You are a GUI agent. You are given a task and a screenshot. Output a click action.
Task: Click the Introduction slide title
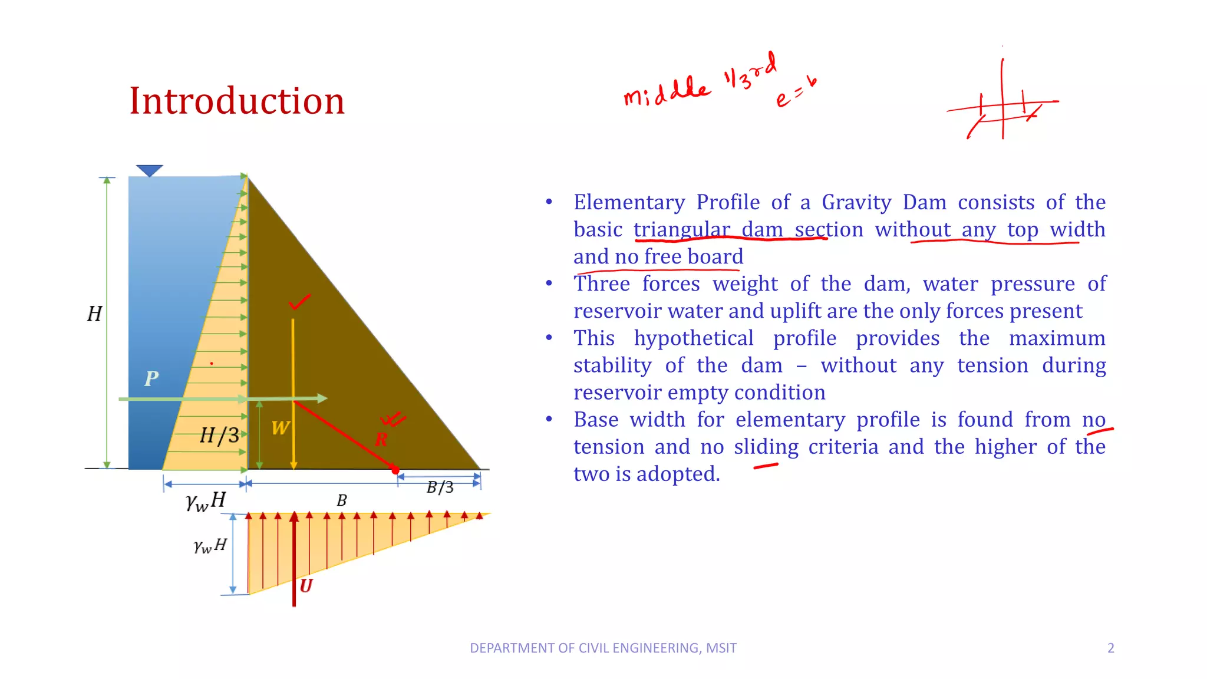(x=237, y=101)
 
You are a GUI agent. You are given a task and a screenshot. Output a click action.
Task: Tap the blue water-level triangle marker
(x=149, y=170)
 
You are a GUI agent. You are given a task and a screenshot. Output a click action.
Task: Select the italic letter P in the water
(x=151, y=378)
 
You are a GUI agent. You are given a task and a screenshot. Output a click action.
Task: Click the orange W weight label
(x=281, y=428)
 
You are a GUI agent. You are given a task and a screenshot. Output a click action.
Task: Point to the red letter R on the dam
(x=381, y=440)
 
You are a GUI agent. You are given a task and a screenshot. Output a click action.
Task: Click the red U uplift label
(x=306, y=586)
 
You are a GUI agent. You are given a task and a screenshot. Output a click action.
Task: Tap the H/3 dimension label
(x=219, y=436)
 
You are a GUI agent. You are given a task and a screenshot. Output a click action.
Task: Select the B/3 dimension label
(x=440, y=487)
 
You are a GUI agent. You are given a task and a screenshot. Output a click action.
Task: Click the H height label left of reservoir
(x=94, y=314)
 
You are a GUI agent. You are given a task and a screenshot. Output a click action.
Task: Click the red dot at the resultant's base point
(x=395, y=470)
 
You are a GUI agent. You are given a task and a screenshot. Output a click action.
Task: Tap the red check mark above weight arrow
(x=299, y=302)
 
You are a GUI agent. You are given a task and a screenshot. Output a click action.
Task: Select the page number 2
(x=1111, y=648)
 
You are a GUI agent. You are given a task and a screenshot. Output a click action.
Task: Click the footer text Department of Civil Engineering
(x=603, y=648)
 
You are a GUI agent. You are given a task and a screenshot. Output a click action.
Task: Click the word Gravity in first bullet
(x=856, y=203)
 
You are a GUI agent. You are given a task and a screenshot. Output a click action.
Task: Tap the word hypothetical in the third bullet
(x=694, y=338)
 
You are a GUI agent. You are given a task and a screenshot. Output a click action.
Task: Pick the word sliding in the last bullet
(x=766, y=447)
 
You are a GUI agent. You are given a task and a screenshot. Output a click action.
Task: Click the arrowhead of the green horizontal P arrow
(x=322, y=398)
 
